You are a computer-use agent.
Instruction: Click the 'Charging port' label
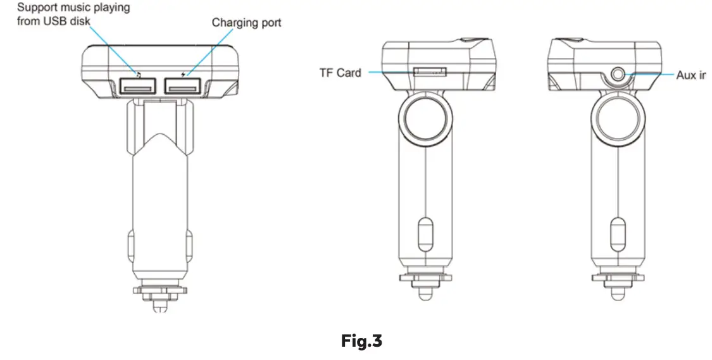(246, 23)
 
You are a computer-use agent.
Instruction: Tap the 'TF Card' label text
(340, 73)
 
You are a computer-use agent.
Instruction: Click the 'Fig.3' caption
(361, 342)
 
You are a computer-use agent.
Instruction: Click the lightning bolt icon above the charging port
(184, 71)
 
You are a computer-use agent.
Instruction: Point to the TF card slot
(429, 72)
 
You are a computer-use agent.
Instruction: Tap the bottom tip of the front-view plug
(161, 306)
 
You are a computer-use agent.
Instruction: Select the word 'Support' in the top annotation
(37, 8)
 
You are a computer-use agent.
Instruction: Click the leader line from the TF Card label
(389, 73)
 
